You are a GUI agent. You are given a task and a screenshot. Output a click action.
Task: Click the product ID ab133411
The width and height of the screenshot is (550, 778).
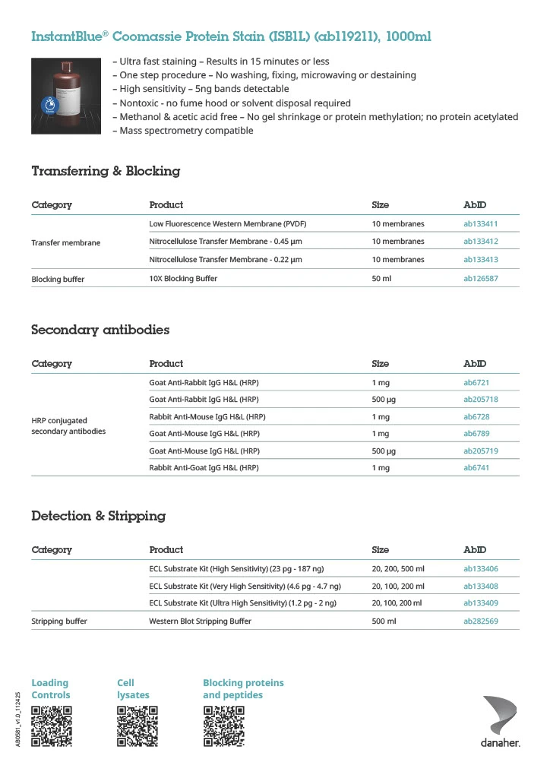[480, 224]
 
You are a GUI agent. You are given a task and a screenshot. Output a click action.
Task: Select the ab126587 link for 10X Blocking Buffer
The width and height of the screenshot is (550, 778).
[480, 279]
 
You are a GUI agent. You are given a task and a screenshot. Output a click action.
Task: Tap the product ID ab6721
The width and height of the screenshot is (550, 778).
[476, 382]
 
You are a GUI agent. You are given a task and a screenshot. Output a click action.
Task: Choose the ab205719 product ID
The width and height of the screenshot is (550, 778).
[480, 451]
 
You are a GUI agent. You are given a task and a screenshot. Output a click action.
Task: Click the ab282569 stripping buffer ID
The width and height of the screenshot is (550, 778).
[480, 621]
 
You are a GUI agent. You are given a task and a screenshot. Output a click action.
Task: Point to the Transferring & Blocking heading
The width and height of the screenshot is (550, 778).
[106, 171]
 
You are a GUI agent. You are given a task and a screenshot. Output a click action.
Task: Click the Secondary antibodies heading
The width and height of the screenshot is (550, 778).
[100, 330]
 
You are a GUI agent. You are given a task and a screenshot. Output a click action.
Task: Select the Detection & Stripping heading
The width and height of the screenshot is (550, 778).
[98, 516]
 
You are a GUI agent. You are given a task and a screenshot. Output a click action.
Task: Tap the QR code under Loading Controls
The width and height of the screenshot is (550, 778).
[52, 726]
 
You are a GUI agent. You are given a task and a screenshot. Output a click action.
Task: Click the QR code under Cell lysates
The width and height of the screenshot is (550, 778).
[137, 726]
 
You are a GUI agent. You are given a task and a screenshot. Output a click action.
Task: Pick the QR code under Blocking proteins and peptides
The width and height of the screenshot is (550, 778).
[223, 726]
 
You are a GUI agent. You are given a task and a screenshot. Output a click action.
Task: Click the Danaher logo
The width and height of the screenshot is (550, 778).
[501, 721]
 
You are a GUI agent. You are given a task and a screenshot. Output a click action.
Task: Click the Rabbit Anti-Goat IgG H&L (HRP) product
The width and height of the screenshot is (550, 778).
[204, 468]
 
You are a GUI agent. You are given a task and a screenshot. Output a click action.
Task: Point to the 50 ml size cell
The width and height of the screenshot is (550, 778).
[381, 279]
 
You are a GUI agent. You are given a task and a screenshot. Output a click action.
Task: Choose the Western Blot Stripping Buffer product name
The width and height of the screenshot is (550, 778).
[200, 621]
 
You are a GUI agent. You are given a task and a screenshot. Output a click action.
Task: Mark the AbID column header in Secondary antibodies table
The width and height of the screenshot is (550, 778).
[475, 364]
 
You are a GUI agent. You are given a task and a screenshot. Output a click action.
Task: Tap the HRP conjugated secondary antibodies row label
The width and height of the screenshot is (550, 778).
[68, 425]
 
